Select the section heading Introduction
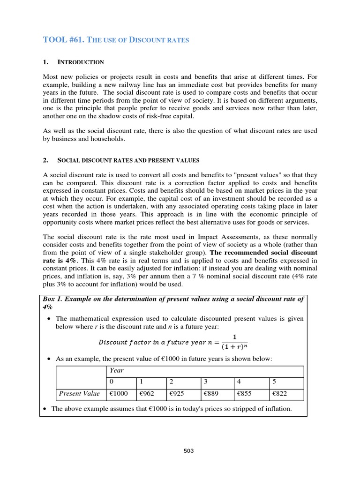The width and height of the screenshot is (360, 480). coord(80,62)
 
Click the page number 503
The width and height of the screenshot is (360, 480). coord(188,451)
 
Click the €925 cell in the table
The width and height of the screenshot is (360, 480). coord(178,394)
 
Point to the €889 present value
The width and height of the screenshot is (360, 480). coord(211,394)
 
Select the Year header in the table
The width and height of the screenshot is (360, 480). coord(116,370)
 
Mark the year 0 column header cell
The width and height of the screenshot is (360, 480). coord(112,382)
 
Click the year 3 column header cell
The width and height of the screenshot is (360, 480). coord(206,382)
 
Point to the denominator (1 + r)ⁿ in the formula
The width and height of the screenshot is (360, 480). coord(234,347)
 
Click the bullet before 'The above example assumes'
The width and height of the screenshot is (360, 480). coord(45,409)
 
